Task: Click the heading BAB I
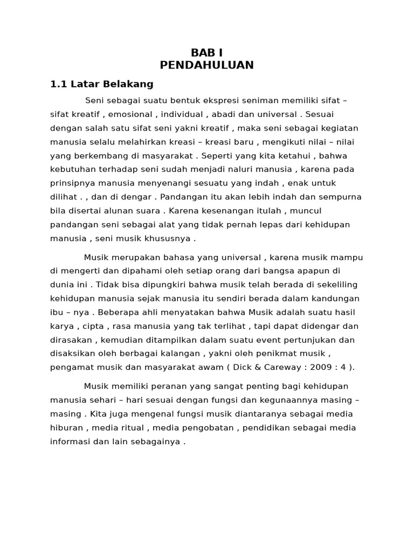207,53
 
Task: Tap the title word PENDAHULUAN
207,65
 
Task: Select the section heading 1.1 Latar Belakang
102,84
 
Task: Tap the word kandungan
336,299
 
